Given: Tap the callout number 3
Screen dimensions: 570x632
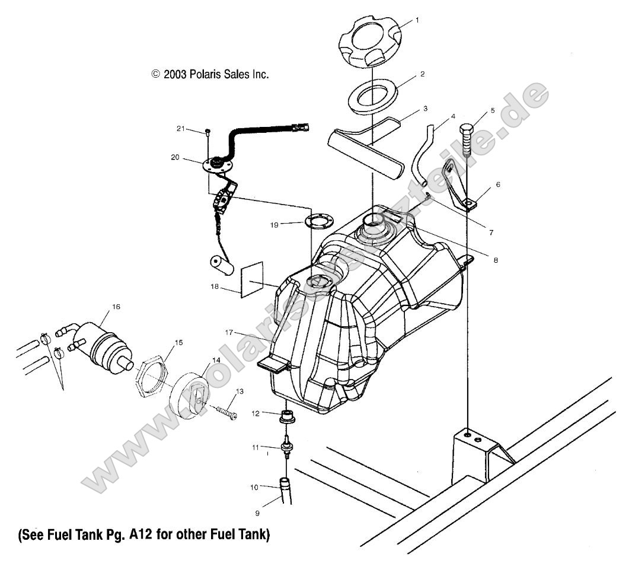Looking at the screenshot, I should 426,109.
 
